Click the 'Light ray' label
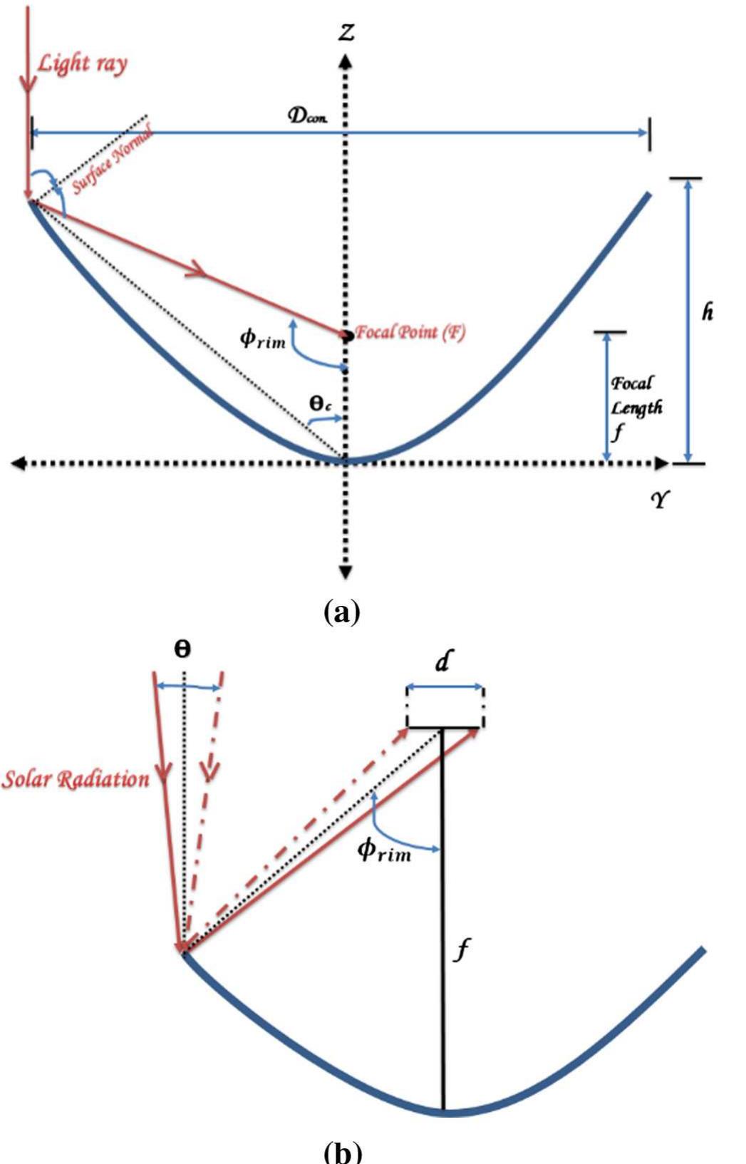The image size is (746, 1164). click(x=82, y=64)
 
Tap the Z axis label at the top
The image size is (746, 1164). click(x=346, y=32)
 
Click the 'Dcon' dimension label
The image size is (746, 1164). click(x=308, y=116)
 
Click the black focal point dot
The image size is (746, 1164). click(x=346, y=334)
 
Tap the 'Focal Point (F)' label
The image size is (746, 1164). click(x=410, y=332)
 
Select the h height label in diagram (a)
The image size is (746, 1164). click(x=707, y=312)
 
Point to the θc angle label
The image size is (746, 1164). click(x=320, y=404)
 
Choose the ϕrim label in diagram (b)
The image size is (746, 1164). click(x=384, y=850)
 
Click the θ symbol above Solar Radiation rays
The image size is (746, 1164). click(x=182, y=650)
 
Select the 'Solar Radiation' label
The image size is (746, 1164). click(x=76, y=779)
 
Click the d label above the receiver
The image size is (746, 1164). click(x=442, y=663)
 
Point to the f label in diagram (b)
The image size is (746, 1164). click(x=462, y=950)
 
